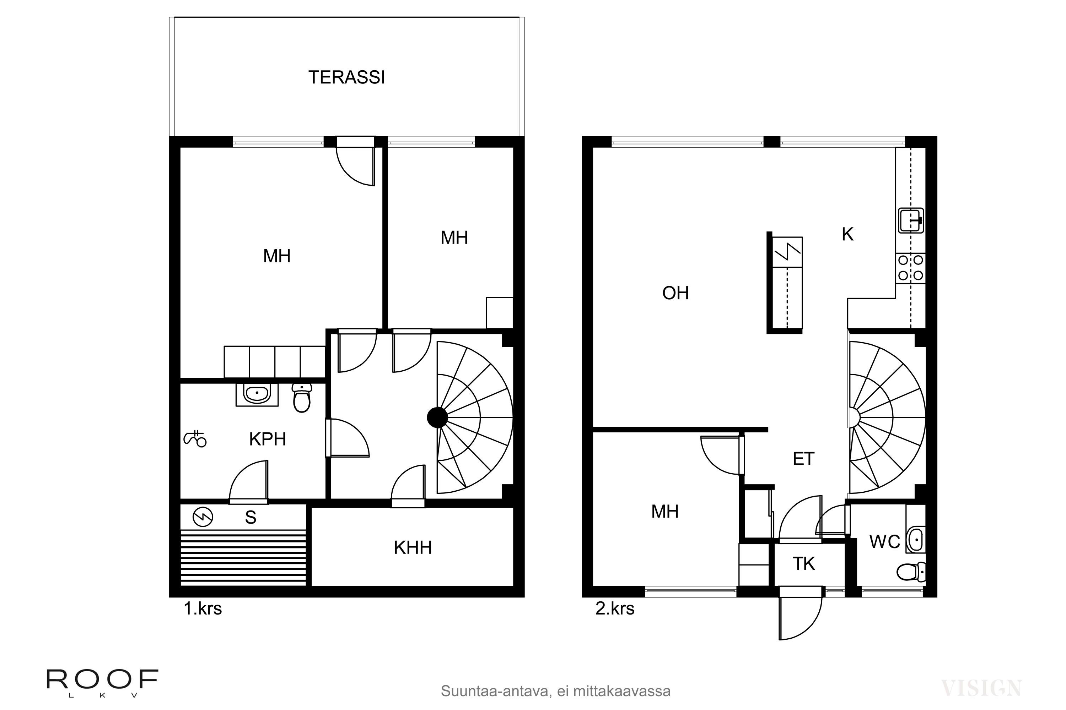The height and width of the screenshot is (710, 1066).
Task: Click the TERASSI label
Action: pos(347,77)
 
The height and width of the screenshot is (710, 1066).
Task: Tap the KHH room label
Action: pos(413,548)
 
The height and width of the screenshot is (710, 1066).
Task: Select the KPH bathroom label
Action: pos(268,439)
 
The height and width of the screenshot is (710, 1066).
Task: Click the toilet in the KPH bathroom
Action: pos(301,398)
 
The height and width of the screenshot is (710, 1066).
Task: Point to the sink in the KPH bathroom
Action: pos(257,394)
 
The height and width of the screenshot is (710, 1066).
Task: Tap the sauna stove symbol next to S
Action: pos(203,517)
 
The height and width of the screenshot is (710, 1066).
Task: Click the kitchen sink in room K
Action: pos(910,220)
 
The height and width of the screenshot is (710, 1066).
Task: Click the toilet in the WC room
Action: pos(911,572)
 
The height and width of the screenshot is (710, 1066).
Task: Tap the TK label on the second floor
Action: pos(803,564)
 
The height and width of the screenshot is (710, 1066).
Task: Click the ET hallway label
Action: pos(803,459)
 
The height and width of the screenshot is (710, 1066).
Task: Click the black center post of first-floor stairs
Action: pos(437,417)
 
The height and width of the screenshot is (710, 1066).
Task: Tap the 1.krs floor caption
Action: pos(203,608)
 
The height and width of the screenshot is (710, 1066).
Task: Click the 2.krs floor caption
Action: pos(615,608)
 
